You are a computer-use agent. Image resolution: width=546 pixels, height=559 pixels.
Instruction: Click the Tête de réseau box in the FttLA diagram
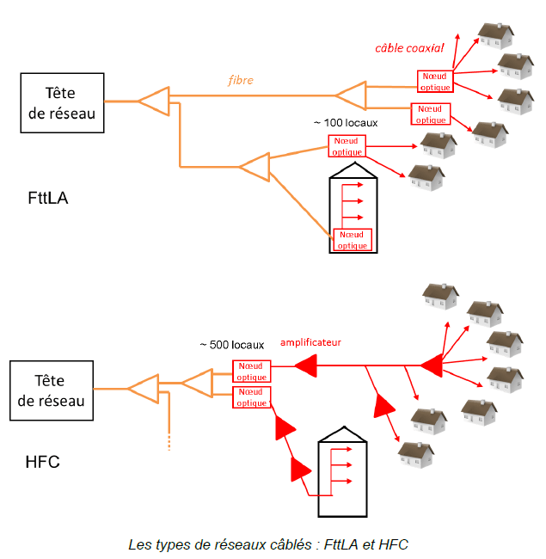tap(63, 103)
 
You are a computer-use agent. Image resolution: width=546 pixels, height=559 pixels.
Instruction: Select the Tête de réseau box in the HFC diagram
tap(52, 390)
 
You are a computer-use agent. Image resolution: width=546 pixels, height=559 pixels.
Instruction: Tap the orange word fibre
tap(241, 80)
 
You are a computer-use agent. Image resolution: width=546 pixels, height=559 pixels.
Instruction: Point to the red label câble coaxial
tap(409, 48)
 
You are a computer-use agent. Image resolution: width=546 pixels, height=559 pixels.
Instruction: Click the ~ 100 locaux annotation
tap(346, 123)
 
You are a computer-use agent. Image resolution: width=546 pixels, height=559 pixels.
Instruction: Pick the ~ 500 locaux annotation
tap(231, 345)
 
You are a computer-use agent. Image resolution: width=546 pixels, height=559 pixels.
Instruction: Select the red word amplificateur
tap(310, 342)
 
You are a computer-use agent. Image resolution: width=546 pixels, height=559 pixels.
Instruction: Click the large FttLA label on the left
tap(48, 198)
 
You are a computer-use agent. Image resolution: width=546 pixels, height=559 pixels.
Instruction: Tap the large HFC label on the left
tap(42, 462)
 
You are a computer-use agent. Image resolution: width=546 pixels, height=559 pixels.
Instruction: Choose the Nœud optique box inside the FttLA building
tap(353, 240)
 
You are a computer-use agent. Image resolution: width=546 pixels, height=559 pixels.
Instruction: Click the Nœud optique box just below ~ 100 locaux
tap(347, 146)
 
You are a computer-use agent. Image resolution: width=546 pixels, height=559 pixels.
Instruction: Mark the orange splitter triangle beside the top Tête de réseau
tap(154, 101)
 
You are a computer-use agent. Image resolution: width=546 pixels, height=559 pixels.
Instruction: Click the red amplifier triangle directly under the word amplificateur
tap(306, 365)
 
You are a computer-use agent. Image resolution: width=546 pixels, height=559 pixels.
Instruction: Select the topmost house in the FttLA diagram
tap(495, 35)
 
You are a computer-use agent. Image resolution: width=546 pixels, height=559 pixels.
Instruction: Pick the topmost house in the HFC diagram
tap(440, 297)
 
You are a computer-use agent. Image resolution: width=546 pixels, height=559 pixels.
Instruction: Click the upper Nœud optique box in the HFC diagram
tap(252, 372)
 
